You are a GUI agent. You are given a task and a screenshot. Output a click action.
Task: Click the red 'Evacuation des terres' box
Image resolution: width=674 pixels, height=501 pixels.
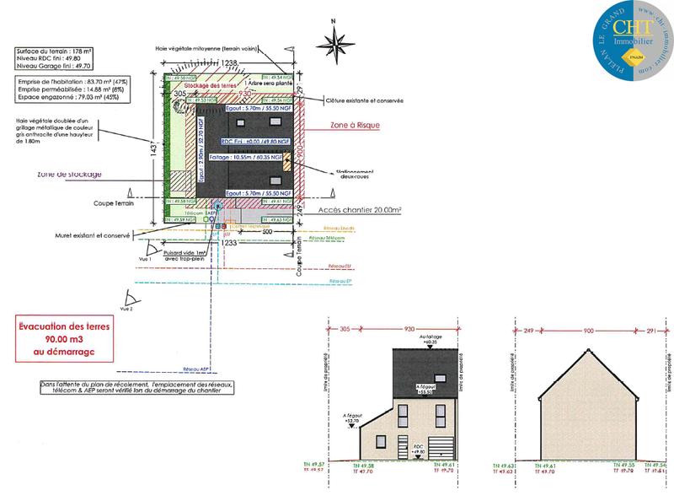point(60,335)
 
